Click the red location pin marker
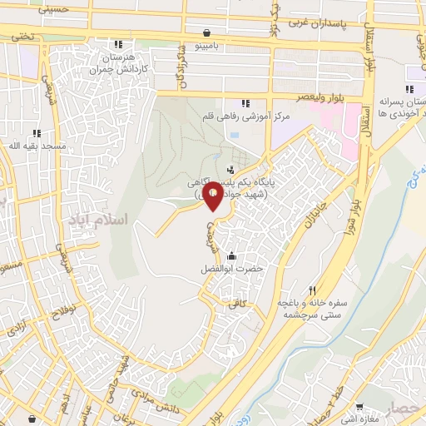[x=213, y=196]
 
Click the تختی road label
[x=22, y=37]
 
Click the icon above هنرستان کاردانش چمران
[x=120, y=44]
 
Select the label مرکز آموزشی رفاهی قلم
[x=249, y=116]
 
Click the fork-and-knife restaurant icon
[x=313, y=290]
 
